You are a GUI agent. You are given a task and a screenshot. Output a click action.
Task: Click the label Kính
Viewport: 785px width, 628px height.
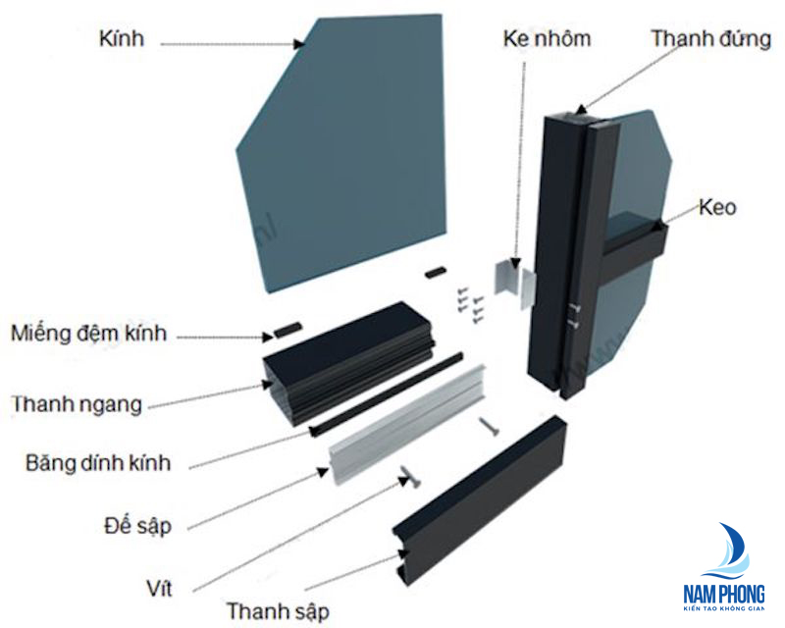[122, 38]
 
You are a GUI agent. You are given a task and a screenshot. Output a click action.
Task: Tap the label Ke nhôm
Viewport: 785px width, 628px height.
[547, 38]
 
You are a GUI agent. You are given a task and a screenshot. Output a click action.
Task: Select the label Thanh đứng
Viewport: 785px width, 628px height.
[710, 38]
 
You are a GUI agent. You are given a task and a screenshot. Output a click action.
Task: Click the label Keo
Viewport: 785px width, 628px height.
[717, 207]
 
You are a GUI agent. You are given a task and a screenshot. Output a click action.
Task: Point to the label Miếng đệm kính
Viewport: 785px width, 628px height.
[88, 333]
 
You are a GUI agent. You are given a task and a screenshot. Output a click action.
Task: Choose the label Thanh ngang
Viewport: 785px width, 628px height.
[78, 404]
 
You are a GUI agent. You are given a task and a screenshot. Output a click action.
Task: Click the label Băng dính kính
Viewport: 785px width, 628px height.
[98, 463]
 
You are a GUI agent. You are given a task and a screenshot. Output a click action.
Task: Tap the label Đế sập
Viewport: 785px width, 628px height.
[137, 525]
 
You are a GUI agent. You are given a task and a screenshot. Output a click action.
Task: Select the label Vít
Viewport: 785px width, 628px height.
[160, 588]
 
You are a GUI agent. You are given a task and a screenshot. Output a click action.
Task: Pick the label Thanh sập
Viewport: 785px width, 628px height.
[278, 611]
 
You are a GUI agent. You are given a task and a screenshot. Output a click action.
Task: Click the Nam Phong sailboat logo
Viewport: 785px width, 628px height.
[724, 566]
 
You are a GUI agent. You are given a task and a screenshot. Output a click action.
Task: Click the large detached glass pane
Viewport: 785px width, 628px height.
[340, 150]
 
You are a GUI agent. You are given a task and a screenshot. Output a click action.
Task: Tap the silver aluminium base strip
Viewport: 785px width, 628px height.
[406, 425]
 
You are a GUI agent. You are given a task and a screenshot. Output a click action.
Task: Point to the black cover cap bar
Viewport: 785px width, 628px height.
[480, 498]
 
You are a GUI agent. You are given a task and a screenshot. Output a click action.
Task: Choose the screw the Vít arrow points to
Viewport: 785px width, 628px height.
[410, 476]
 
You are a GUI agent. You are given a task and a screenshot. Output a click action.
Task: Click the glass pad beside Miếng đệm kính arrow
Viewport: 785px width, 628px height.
[288, 329]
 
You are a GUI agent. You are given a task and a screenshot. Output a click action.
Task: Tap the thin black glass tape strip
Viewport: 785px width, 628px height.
[386, 394]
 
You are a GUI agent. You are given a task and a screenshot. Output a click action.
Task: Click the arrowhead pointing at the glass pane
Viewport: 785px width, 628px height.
[299, 44]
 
